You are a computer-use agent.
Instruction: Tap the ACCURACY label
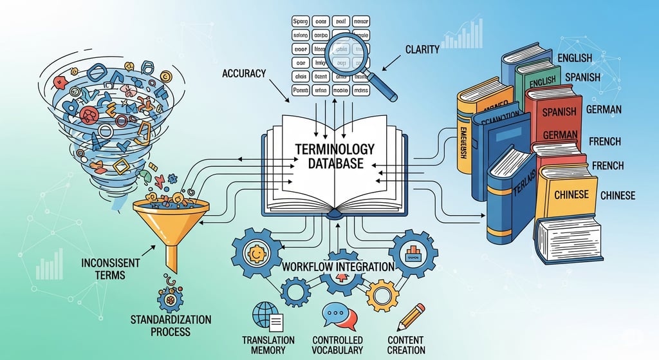(244, 73)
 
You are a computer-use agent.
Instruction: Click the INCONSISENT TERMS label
(102, 269)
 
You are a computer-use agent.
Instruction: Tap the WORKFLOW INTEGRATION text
(339, 266)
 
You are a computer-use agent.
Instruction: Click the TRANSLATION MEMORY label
(268, 345)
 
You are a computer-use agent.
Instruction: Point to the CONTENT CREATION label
(406, 345)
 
